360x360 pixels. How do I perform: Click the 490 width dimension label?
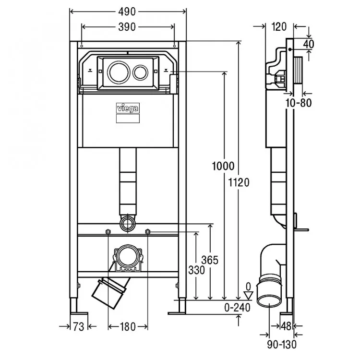click(127, 12)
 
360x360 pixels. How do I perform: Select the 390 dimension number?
click(127, 27)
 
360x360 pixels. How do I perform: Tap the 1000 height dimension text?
click(223, 166)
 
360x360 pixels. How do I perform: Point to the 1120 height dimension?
click(239, 183)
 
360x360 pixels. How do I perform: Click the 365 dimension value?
click(210, 260)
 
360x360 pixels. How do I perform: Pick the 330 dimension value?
click(196, 270)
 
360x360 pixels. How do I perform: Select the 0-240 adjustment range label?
click(237, 308)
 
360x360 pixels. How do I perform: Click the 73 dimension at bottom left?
click(79, 327)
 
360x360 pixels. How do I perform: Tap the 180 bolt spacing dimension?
click(128, 327)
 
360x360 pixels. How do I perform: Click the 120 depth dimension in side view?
click(279, 26)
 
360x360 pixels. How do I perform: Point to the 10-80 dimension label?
click(299, 103)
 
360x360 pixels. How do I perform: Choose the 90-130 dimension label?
click(282, 345)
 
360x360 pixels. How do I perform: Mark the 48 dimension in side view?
click(286, 326)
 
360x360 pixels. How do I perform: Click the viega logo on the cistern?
click(128, 108)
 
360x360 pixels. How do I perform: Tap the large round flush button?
click(119, 72)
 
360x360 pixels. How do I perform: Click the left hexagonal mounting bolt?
click(108, 232)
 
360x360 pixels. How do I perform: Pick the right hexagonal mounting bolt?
click(148, 232)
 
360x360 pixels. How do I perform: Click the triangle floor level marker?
click(248, 296)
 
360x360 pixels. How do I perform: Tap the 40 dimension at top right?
click(308, 44)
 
